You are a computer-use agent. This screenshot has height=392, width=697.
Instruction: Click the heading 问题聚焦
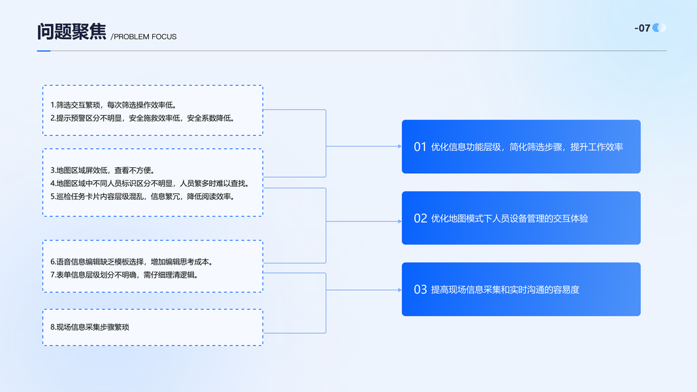click(x=72, y=31)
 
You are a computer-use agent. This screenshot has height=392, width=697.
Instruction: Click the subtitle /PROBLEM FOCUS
click(x=144, y=37)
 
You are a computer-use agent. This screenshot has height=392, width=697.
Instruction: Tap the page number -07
click(x=642, y=28)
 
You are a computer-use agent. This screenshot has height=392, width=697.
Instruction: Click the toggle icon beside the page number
click(x=659, y=27)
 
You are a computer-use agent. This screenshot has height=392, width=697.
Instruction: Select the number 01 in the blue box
click(x=420, y=146)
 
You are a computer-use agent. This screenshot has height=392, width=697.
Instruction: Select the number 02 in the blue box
click(x=420, y=218)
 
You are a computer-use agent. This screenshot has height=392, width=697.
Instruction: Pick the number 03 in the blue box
click(x=420, y=289)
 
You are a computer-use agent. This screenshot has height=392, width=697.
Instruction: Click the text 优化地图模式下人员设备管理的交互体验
click(x=510, y=218)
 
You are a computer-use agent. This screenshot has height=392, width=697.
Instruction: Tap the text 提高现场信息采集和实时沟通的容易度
click(x=505, y=289)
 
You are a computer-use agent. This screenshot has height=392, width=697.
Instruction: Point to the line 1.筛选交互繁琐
click(x=114, y=105)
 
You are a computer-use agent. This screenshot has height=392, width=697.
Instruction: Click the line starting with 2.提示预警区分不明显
click(x=142, y=118)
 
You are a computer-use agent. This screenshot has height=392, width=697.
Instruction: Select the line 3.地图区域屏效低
click(x=103, y=171)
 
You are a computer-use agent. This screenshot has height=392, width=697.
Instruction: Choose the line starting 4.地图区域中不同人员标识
click(x=150, y=183)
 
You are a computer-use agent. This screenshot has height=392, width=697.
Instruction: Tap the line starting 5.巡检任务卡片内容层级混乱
click(x=142, y=197)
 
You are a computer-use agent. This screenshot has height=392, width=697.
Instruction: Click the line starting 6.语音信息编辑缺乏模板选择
click(x=132, y=262)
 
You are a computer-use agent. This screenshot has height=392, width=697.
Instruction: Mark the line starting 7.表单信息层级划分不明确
click(x=125, y=274)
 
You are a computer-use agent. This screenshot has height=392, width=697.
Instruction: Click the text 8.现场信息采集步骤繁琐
click(x=89, y=327)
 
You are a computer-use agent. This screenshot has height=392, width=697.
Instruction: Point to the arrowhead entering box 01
click(x=400, y=146)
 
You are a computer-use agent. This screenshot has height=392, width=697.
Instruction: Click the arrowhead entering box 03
click(x=400, y=290)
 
